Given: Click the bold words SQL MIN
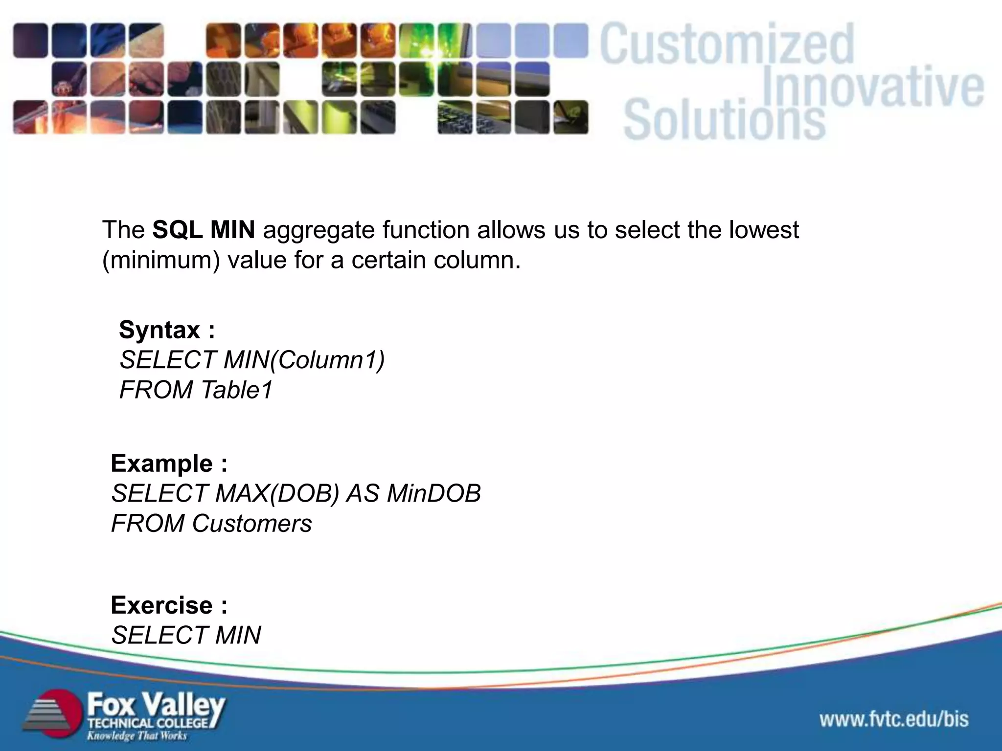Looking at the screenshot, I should point(203,230).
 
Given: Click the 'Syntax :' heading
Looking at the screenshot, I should point(167,330).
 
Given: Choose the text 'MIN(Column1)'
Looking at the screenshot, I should point(304,360).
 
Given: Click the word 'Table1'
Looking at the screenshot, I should point(236,390).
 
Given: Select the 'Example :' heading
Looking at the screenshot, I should point(169,464).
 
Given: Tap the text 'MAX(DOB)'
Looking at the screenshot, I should point(277,493).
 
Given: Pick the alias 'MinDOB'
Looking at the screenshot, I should point(433,493).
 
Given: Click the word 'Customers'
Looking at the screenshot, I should point(251,524).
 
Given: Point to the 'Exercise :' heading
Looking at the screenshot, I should point(169,605).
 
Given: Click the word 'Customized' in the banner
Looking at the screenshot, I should point(727,45).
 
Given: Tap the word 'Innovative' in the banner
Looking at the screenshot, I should point(873,88).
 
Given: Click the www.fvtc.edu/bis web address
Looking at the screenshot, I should point(894,719).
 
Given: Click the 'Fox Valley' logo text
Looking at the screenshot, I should point(156,706).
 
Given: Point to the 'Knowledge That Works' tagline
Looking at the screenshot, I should point(137,736).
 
